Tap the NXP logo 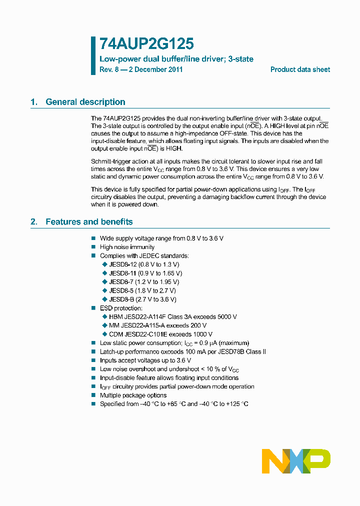pyautogui.click(x=296, y=461)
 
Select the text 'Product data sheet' pyautogui.click(x=300, y=69)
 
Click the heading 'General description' pyautogui.click(x=85, y=102)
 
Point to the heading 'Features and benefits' pyautogui.click(x=89, y=221)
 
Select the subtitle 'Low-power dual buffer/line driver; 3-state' pyautogui.click(x=176, y=59)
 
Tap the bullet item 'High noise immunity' pyautogui.click(x=127, y=247)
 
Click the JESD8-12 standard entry pyautogui.click(x=144, y=264)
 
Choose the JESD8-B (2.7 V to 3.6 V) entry pyautogui.click(x=142, y=299)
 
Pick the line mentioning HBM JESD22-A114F pyautogui.click(x=172, y=316)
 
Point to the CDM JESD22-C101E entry pyautogui.click(x=160, y=334)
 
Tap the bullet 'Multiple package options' pyautogui.click(x=133, y=395)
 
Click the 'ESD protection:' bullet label pyautogui.click(x=121, y=308)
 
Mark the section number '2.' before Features pyautogui.click(x=34, y=221)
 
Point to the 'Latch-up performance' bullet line pyautogui.click(x=182, y=351)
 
